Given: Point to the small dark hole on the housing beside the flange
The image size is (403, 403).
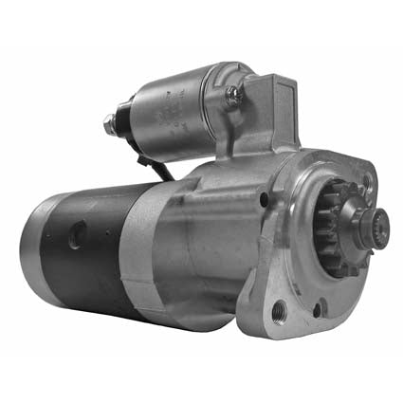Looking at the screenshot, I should (x=264, y=199).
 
